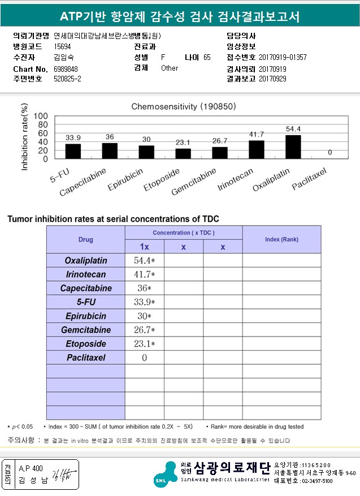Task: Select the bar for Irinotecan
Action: point(257,149)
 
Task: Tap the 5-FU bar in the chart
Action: point(73,151)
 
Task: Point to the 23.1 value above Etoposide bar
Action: point(183,143)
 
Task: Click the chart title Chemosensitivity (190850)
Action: point(184,106)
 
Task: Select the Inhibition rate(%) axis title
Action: point(24,137)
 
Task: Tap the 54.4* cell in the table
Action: point(144,261)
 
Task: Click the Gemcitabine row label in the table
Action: point(85,330)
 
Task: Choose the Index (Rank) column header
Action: point(281,239)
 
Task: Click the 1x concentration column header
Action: point(144,247)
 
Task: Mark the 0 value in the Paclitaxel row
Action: point(144,357)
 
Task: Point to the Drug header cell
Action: point(85,240)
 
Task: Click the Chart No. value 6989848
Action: point(66,68)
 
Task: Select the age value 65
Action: point(207,58)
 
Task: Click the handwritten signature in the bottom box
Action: point(58,475)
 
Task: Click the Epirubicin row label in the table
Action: point(85,316)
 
